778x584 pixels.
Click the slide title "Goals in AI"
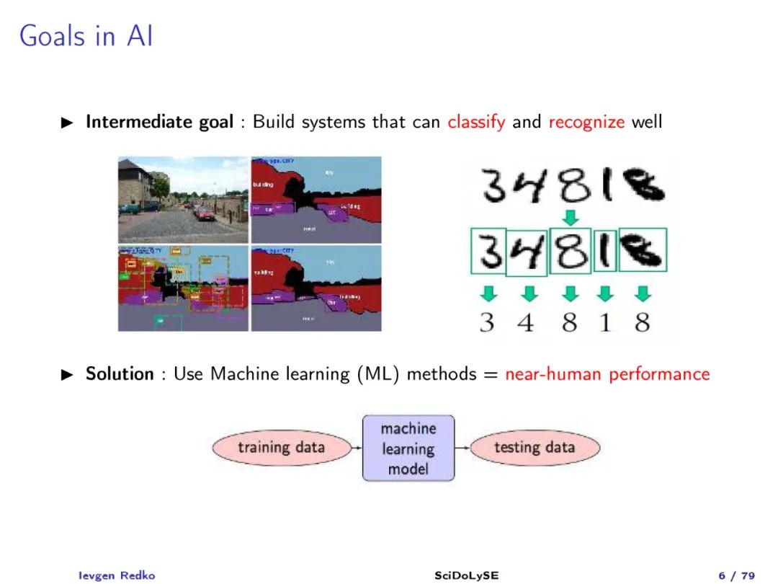click(x=86, y=35)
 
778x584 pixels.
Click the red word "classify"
click(x=476, y=122)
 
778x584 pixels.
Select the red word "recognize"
click(x=586, y=122)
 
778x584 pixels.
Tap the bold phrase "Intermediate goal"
click(x=159, y=122)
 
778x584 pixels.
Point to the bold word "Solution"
click(x=120, y=374)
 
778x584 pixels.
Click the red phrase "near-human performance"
click(x=607, y=374)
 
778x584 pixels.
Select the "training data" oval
click(x=281, y=448)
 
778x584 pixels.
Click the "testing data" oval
click(x=535, y=448)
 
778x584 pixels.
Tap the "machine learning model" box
click(x=408, y=448)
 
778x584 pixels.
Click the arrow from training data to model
click(x=356, y=448)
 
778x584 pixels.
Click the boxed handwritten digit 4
click(x=527, y=252)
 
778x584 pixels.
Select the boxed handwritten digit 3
click(x=488, y=251)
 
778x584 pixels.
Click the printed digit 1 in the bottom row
click(x=604, y=322)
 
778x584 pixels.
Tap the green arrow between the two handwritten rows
click(x=571, y=216)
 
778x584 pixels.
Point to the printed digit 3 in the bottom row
click(x=487, y=322)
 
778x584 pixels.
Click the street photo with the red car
click(x=183, y=200)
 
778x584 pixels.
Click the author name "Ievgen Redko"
click(x=116, y=575)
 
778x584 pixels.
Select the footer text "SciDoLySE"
click(x=466, y=575)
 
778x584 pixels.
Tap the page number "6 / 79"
click(x=736, y=575)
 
